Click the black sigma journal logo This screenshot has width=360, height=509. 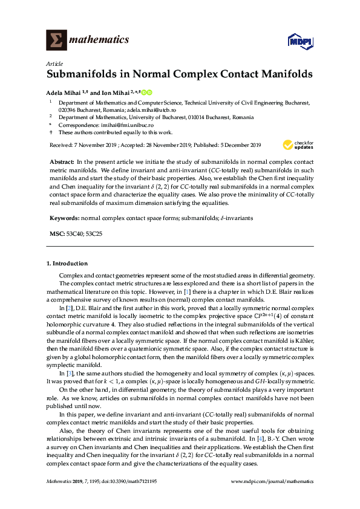tap(57, 40)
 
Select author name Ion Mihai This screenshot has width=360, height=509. tap(116, 92)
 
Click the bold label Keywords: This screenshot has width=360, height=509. tap(64, 217)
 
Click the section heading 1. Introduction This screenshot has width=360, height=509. tap(67, 264)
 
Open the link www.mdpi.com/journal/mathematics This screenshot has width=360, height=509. tap(273, 481)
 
